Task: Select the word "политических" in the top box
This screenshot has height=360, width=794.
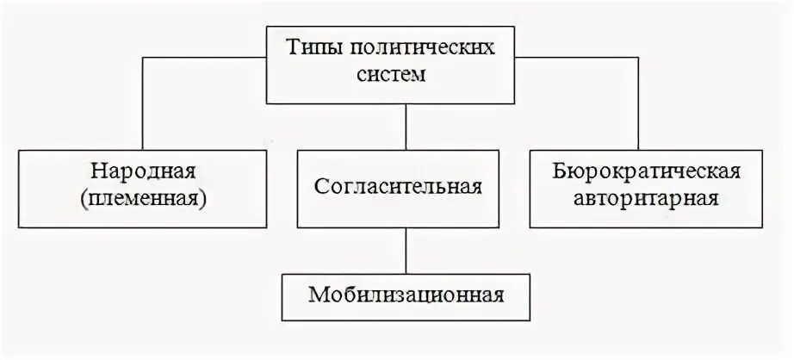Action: click(419, 48)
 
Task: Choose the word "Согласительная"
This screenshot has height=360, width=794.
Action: click(397, 185)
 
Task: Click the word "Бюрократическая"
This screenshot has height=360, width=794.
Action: click(646, 171)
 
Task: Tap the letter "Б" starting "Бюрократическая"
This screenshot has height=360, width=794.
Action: click(560, 171)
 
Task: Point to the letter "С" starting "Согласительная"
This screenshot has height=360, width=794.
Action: click(319, 185)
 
